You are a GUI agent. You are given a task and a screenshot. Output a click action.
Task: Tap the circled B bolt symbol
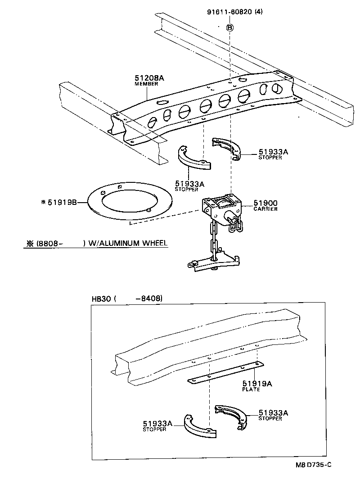(x=229, y=27)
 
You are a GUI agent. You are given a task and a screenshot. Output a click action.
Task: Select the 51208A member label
(x=149, y=78)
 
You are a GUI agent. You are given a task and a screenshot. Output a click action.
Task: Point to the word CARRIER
(x=265, y=209)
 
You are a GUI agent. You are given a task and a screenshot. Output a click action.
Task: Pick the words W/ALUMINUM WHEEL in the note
(x=127, y=243)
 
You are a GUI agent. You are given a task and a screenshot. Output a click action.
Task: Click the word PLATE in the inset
(x=251, y=389)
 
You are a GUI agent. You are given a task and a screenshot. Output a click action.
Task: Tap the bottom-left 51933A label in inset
(x=158, y=423)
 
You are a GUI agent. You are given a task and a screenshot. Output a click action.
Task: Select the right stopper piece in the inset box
(x=232, y=415)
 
